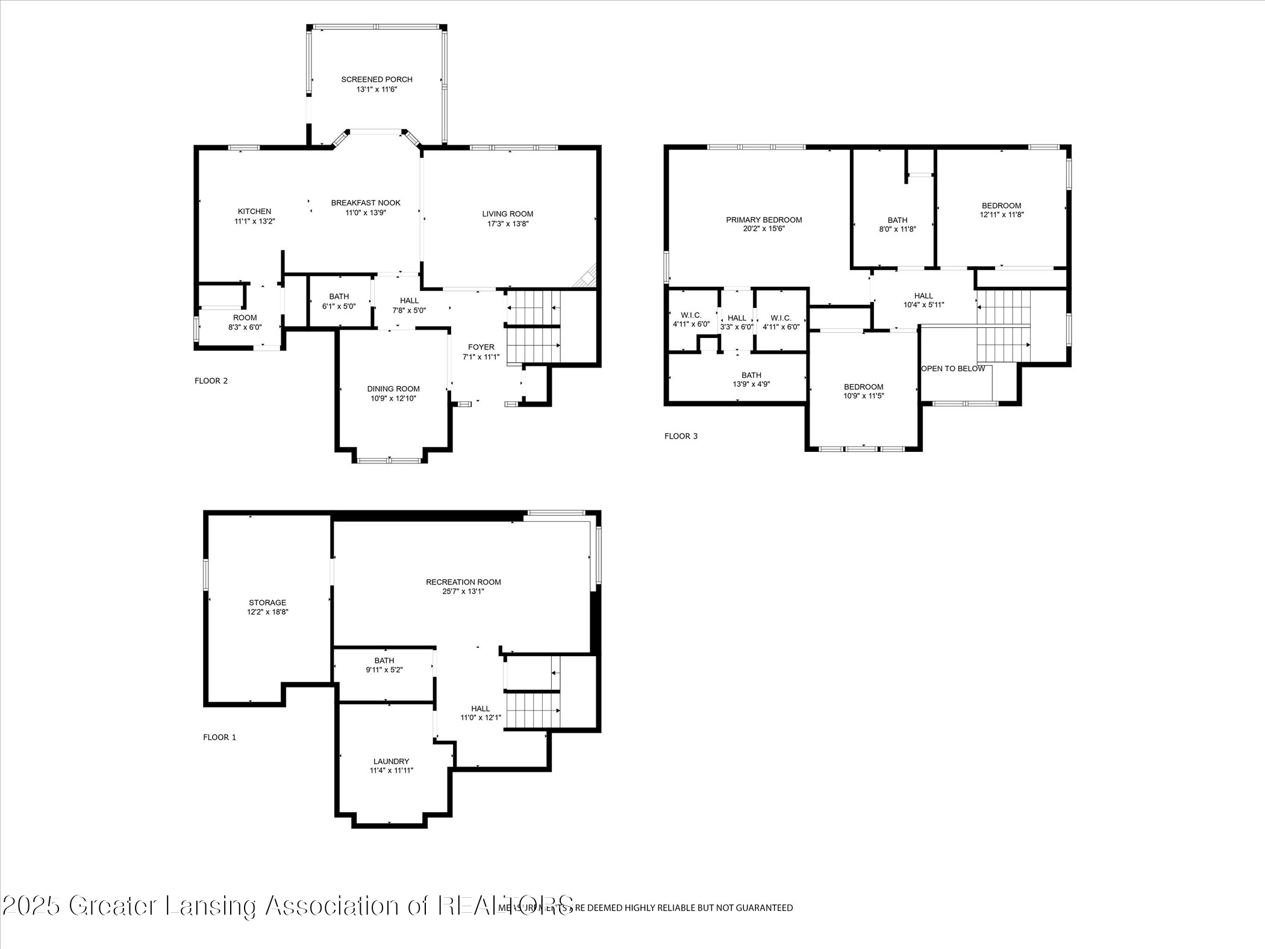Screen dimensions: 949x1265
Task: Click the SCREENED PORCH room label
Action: [376, 80]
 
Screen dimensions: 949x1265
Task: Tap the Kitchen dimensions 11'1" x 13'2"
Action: [254, 221]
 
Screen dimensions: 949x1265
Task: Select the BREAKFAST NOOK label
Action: [366, 203]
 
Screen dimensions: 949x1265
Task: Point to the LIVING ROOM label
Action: [507, 214]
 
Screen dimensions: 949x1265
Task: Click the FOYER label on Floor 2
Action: [481, 347]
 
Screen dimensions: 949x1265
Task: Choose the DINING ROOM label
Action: [393, 389]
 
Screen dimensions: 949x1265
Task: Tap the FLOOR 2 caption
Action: [211, 381]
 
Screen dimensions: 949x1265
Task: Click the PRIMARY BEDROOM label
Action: [764, 220]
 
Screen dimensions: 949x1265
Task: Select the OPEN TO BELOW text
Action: [953, 369]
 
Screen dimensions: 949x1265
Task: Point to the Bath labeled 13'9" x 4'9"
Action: [751, 380]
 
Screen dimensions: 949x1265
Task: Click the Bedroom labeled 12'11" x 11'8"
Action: [1001, 210]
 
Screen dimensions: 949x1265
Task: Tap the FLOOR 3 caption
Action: [681, 436]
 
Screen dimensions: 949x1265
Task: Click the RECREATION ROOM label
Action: [463, 582]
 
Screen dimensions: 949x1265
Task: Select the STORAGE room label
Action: [267, 603]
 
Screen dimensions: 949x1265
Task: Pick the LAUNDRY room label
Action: [391, 762]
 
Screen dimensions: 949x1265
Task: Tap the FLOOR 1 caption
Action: [219, 738]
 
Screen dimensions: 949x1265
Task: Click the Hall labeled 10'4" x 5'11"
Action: [923, 300]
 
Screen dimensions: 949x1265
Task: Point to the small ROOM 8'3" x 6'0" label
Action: [245, 322]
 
